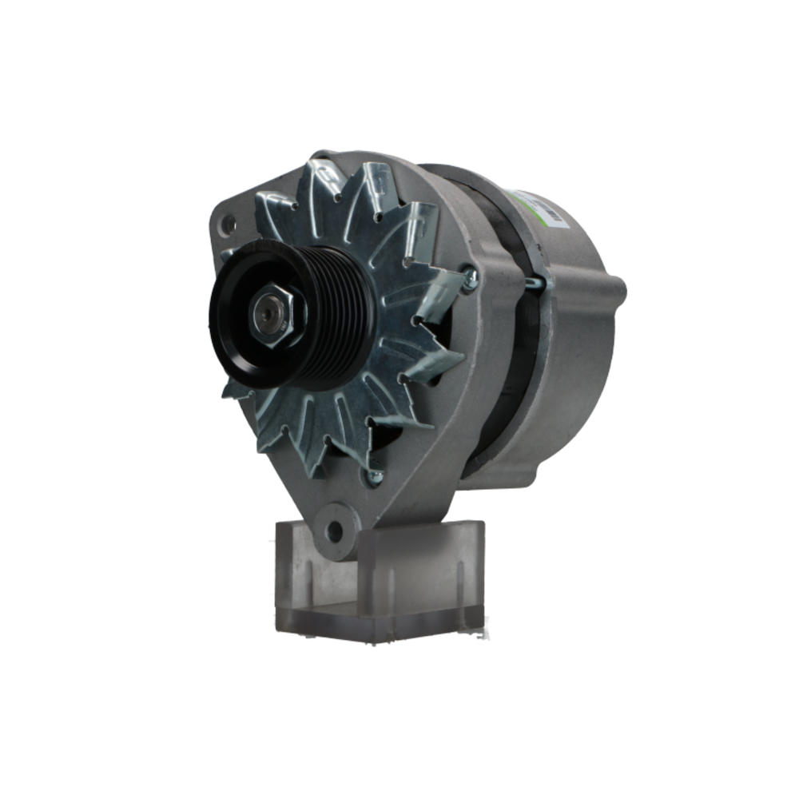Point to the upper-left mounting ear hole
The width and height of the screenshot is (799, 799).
(229, 223)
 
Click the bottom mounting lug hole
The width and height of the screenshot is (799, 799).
(335, 529)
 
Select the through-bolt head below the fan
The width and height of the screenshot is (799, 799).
(372, 477)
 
